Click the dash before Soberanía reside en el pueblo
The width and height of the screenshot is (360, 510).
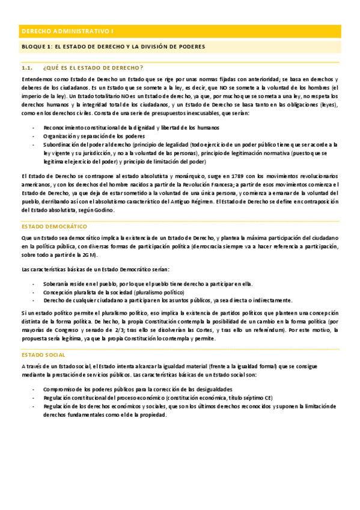point(32,284)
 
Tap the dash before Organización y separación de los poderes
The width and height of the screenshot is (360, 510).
point(32,136)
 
